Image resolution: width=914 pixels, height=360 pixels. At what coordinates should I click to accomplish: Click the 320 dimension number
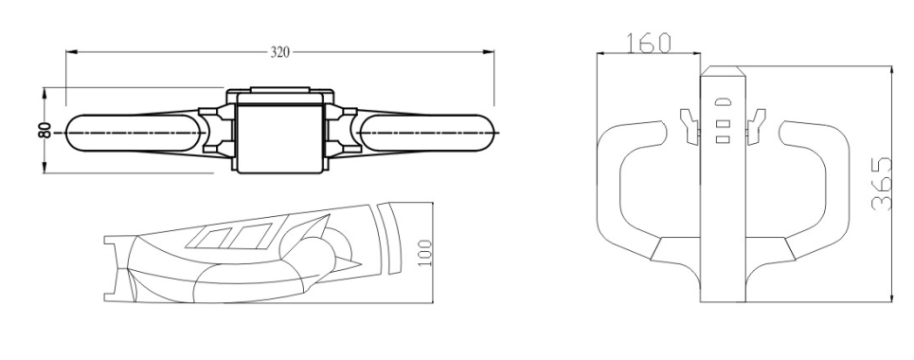tap(279, 52)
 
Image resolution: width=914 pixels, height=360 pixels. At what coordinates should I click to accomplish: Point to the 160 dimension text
tap(649, 43)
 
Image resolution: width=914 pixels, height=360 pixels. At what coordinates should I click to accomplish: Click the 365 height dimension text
tap(881, 185)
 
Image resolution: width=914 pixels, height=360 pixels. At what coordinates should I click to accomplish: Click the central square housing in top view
tap(279, 133)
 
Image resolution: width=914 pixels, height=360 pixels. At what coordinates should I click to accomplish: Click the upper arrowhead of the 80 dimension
tap(45, 92)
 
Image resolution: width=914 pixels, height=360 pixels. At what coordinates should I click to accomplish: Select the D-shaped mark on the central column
tap(723, 100)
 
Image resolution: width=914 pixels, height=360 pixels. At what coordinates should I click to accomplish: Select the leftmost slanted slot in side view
tap(219, 234)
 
